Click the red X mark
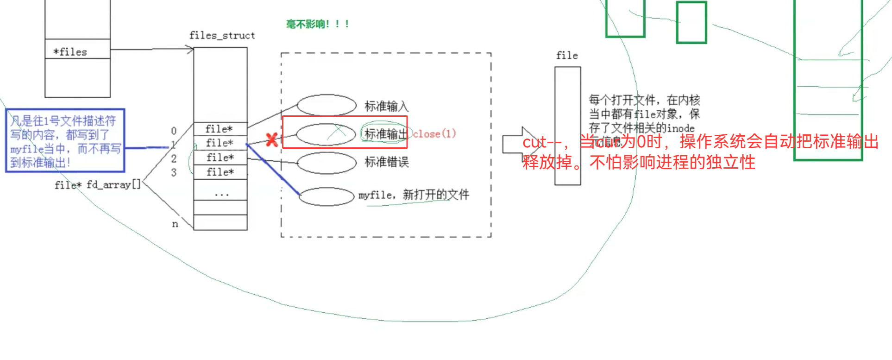pyautogui.click(x=272, y=140)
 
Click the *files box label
pyautogui.click(x=70, y=52)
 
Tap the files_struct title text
pyautogui.click(x=222, y=36)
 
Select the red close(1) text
pyautogui.click(x=434, y=134)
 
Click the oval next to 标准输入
pyautogui.click(x=327, y=105)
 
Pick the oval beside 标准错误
pyautogui.click(x=327, y=163)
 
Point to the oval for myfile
pyautogui.click(x=327, y=196)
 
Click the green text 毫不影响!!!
pyautogui.click(x=318, y=24)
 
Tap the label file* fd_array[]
pyautogui.click(x=97, y=185)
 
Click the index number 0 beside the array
pyautogui.click(x=174, y=131)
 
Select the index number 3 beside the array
pyautogui.click(x=174, y=173)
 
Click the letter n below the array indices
pyautogui.click(x=175, y=224)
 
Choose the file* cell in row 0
pyautogui.click(x=220, y=129)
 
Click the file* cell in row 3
pyautogui.click(x=220, y=172)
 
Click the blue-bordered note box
pyautogui.click(x=65, y=140)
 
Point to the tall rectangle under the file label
pyautogui.click(x=567, y=126)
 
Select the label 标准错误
pyautogui.click(x=386, y=162)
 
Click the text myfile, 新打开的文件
pyautogui.click(x=414, y=195)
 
